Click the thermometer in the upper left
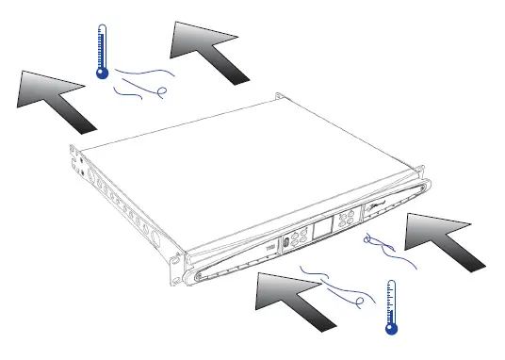(102, 51)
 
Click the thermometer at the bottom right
(391, 305)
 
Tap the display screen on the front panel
(323, 228)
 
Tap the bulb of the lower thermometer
(391, 327)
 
